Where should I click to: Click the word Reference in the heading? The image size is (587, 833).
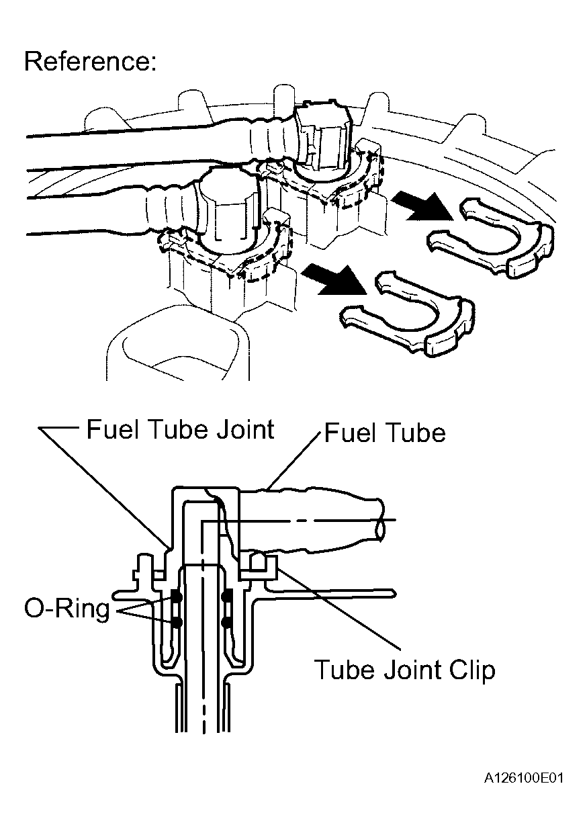pyautogui.click(x=86, y=60)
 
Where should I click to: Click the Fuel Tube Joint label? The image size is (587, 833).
pyautogui.click(x=180, y=429)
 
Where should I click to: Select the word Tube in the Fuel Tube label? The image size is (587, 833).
pyautogui.click(x=412, y=433)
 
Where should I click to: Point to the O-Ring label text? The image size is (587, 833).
pyautogui.click(x=67, y=609)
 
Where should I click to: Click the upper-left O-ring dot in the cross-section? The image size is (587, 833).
pyautogui.click(x=177, y=597)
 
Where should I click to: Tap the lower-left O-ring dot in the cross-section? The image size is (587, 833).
pyautogui.click(x=177, y=622)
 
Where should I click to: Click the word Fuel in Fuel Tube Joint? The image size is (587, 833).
pyautogui.click(x=113, y=429)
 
